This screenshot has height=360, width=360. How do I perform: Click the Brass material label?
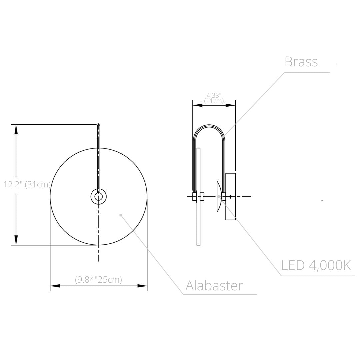tap(301, 62)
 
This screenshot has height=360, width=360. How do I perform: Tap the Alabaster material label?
tap(214, 286)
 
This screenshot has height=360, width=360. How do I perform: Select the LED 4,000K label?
tap(316, 265)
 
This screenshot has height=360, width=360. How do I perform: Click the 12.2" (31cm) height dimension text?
tap(27, 184)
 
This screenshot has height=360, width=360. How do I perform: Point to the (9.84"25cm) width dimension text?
tap(98, 279)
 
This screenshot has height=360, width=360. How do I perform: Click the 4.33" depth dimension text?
tap(214, 95)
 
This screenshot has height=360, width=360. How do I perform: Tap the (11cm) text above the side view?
tap(214, 101)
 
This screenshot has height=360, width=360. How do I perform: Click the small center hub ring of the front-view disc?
tap(98, 197)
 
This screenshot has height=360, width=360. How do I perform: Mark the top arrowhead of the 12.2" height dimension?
tap(16, 129)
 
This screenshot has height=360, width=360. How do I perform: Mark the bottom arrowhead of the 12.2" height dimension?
tap(16, 240)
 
